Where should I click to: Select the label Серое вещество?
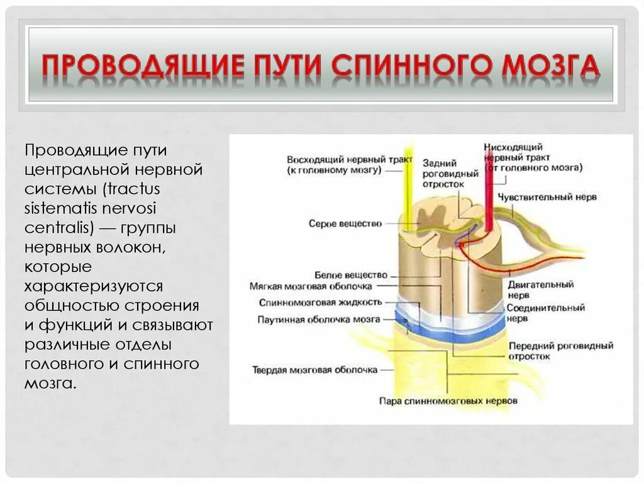coord(345,224)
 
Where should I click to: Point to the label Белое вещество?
coord(351,275)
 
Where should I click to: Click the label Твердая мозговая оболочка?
coord(314,370)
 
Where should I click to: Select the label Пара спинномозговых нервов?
coord(448,401)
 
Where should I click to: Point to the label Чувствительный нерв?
coord(547,197)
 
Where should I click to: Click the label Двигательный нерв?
coord(540,289)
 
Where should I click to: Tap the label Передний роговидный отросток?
coord(560,351)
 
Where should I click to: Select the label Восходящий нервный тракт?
coord(350,164)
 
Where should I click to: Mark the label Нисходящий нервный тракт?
coord(533,157)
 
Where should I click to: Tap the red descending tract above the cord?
coord(486,183)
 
